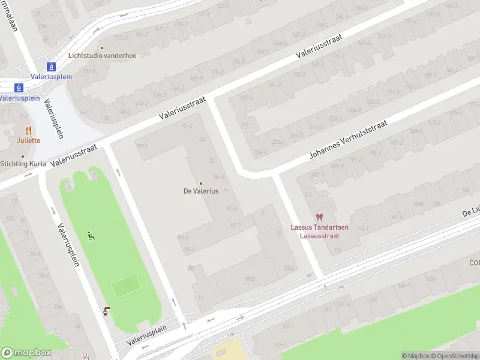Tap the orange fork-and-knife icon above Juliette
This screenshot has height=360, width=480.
click(28, 130)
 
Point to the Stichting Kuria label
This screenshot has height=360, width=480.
click(23, 163)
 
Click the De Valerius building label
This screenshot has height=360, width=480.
click(200, 191)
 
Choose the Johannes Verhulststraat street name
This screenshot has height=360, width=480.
click(348, 139)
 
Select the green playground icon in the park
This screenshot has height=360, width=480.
click(91, 236)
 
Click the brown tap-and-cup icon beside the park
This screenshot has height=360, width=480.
click(107, 310)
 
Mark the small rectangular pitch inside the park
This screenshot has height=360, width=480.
click(125, 285)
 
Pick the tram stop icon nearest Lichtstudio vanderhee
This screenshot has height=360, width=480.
click(52, 67)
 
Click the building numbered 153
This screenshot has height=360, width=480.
click(373, 298)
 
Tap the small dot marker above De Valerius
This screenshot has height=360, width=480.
click(200, 184)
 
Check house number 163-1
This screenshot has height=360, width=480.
click(287, 326)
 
